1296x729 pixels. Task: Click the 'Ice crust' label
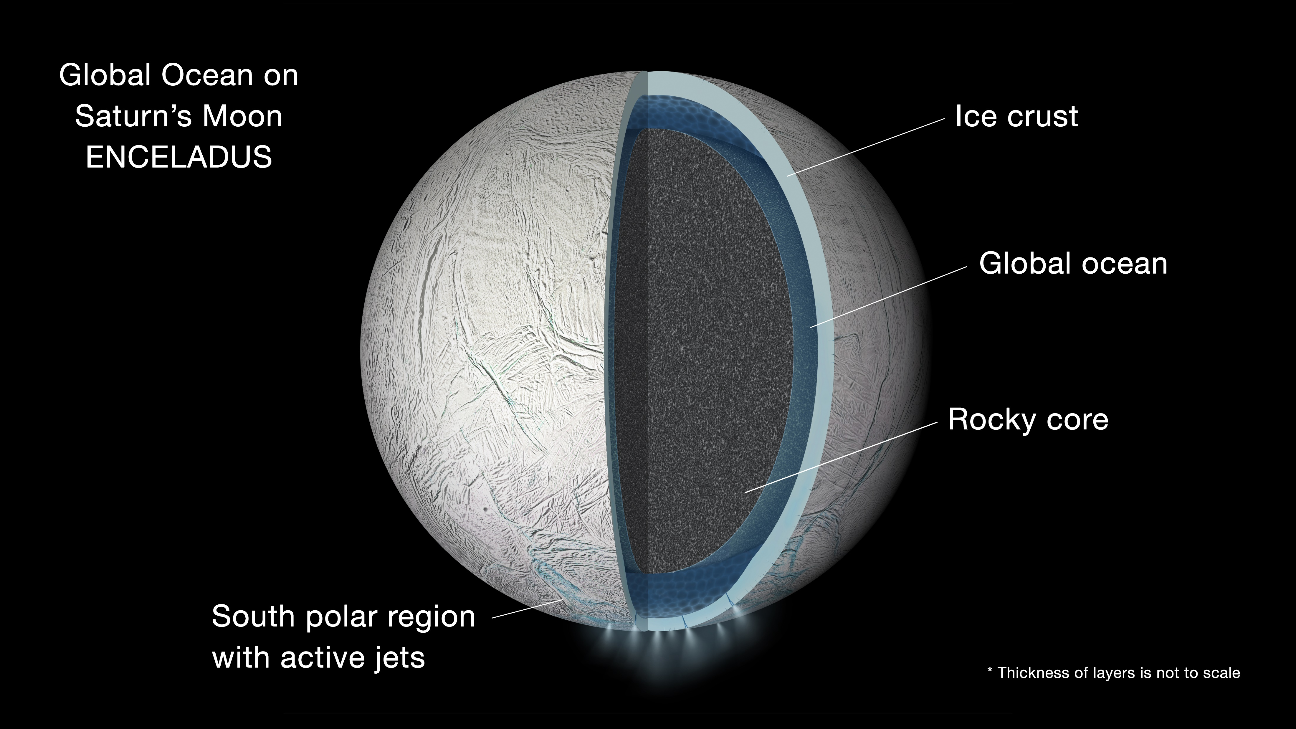pyautogui.click(x=1016, y=116)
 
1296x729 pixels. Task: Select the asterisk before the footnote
pyautogui.click(x=990, y=671)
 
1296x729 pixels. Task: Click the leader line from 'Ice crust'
pyautogui.click(x=865, y=147)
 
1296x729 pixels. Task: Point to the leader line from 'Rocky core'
pyautogui.click(x=840, y=457)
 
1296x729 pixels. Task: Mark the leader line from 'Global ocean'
pyautogui.click(x=888, y=297)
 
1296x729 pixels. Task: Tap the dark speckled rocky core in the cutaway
pyautogui.click(x=704, y=352)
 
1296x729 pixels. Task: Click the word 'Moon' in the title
pyautogui.click(x=242, y=116)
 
